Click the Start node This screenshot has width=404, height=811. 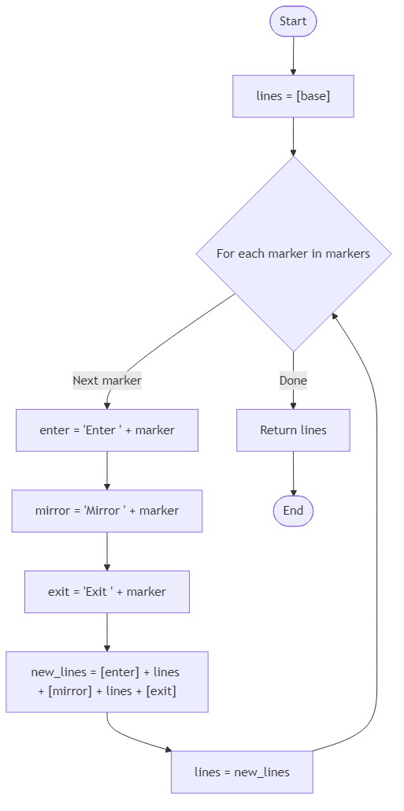point(293,22)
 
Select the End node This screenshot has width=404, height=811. point(293,511)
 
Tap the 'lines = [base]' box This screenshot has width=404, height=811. point(293,96)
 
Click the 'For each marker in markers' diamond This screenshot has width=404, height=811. point(293,254)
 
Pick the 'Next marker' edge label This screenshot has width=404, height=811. point(107,381)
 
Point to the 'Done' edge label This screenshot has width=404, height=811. point(293,381)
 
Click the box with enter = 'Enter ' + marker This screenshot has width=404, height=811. point(107,430)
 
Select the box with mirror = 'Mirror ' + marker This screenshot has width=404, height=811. point(107,511)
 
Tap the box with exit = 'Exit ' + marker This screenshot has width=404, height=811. point(107,591)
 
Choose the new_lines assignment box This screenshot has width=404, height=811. point(107,682)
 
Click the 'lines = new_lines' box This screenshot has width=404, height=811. point(242,772)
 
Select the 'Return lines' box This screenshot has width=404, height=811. point(293,430)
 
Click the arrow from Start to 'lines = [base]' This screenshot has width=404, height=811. point(293,55)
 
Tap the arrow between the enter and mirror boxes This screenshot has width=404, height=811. point(107,471)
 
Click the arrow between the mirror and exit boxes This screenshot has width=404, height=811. point(107,551)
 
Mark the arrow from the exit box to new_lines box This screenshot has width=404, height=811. point(107,632)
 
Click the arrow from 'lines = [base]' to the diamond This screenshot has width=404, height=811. point(293,136)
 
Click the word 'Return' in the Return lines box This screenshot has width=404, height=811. point(277,430)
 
